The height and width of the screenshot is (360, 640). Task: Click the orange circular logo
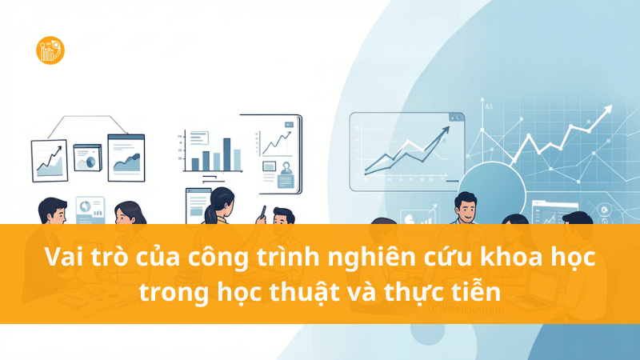pyautogui.click(x=50, y=50)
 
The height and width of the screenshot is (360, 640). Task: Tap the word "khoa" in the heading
pyautogui.click(x=516, y=259)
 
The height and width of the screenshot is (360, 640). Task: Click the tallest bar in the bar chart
pyautogui.click(x=226, y=154)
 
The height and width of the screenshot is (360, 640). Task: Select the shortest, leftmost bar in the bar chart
pyautogui.click(x=194, y=164)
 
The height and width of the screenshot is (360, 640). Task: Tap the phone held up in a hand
pyautogui.click(x=261, y=213)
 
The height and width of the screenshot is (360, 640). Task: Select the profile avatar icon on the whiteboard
pyautogui.click(x=269, y=167)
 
